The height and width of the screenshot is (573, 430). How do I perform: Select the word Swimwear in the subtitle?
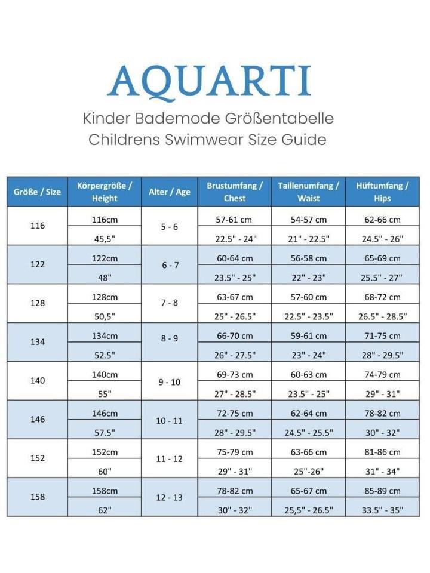(208, 140)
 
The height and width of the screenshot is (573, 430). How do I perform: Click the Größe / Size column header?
(37, 192)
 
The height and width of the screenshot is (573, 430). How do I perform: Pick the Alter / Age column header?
(170, 192)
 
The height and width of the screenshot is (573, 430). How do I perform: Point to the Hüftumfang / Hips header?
(382, 192)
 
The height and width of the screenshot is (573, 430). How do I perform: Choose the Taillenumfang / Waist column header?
(309, 192)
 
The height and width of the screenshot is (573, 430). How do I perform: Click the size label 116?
(37, 226)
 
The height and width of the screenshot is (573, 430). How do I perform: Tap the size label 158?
(37, 497)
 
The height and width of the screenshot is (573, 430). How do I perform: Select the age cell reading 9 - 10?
(170, 381)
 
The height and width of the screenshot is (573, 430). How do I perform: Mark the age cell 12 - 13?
(170, 497)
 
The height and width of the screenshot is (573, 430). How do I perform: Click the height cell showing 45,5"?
(105, 239)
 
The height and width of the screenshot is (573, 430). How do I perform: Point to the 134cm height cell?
(105, 336)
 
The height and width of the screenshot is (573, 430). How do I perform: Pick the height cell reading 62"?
(105, 510)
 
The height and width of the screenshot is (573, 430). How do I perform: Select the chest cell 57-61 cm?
(235, 220)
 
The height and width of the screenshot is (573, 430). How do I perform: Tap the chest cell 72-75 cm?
(235, 413)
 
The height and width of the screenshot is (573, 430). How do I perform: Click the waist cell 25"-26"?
(309, 471)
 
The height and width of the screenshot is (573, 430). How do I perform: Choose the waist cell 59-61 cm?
(309, 336)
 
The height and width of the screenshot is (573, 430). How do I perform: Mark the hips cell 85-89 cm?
(382, 491)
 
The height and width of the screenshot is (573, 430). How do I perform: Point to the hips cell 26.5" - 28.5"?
(382, 316)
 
